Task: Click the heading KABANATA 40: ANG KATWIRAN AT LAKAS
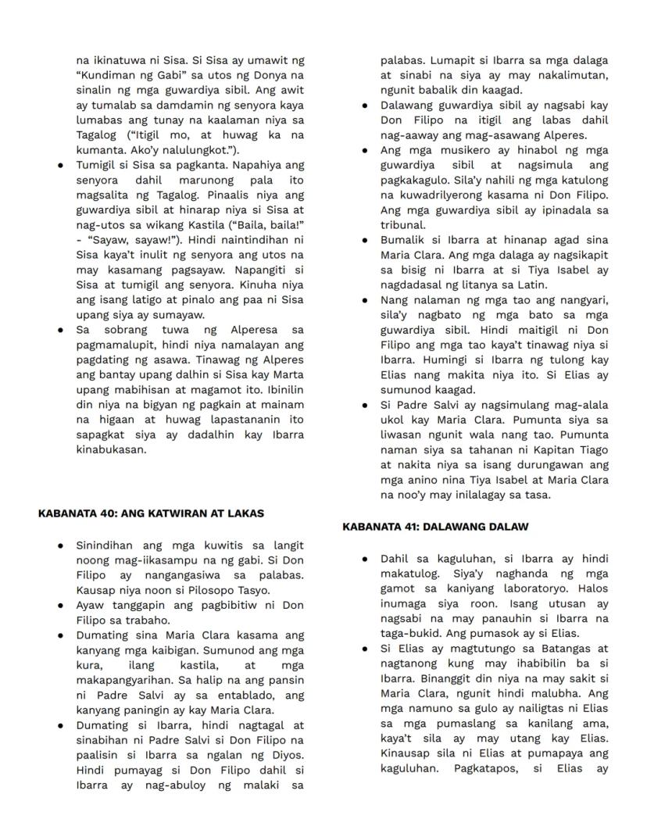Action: pyautogui.click(x=151, y=513)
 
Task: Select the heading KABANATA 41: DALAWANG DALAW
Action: pyautogui.click(x=435, y=527)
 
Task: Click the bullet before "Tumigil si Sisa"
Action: pyautogui.click(x=60, y=166)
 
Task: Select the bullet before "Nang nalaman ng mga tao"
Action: pyautogui.click(x=365, y=301)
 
